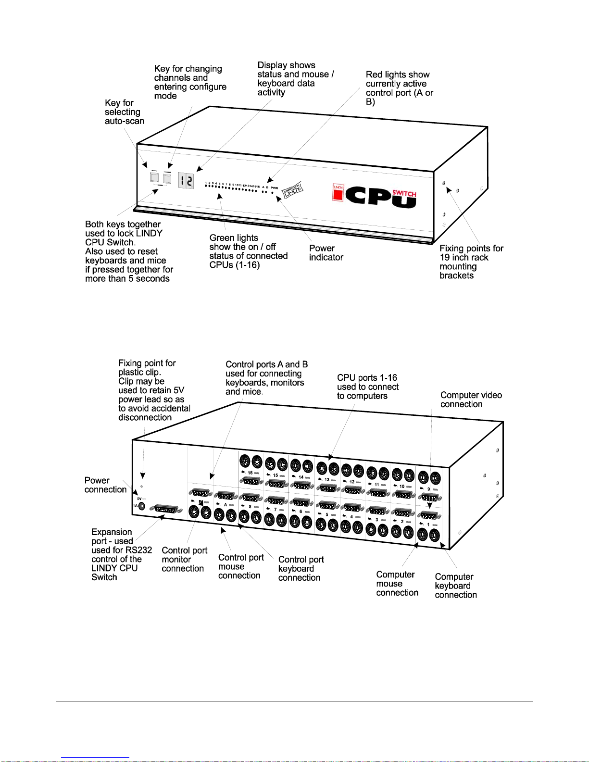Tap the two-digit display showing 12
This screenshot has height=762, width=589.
tap(186, 181)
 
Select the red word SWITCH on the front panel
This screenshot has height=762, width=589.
tap(404, 193)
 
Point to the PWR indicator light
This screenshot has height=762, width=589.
tap(273, 192)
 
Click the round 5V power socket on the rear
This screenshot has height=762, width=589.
tap(142, 506)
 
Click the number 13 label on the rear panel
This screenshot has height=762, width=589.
tap(327, 479)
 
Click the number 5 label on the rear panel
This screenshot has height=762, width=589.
tap(327, 514)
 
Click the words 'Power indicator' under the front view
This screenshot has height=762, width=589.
tap(326, 253)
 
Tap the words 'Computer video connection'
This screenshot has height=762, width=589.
tap(471, 400)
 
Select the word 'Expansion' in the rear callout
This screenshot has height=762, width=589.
tap(112, 532)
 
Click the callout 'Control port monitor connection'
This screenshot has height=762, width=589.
tap(184, 559)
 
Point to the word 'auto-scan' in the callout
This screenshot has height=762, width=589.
tap(124, 121)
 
